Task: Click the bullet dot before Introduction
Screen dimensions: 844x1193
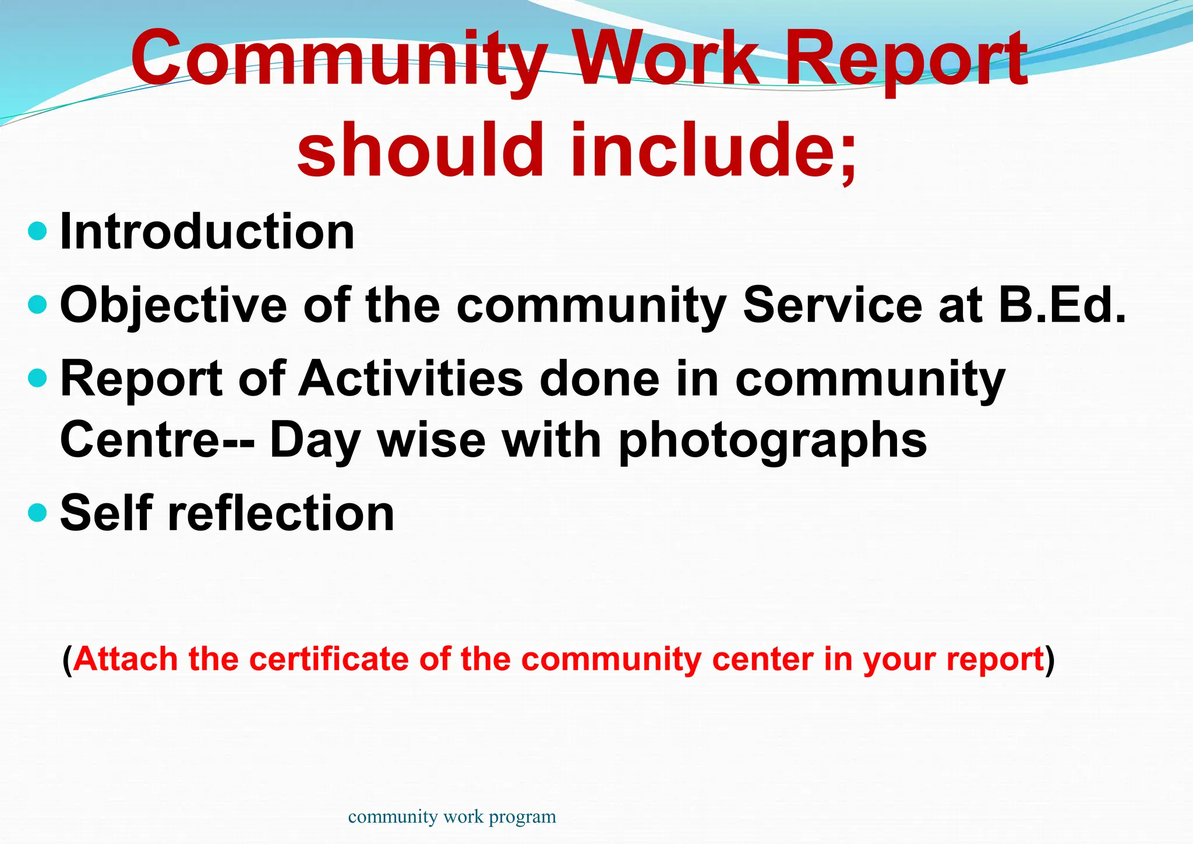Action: tap(37, 231)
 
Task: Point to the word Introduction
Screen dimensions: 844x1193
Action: tap(207, 232)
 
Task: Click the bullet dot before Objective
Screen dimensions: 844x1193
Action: tap(37, 304)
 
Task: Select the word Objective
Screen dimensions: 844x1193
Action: tap(174, 305)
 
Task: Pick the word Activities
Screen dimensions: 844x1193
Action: tap(411, 379)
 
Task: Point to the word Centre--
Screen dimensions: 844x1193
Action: tap(157, 440)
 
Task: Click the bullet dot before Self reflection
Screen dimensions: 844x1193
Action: tap(37, 513)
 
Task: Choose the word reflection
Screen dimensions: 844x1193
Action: tap(281, 513)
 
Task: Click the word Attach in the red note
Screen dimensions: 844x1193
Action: tap(126, 659)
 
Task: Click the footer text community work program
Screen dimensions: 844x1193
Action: tap(452, 817)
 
